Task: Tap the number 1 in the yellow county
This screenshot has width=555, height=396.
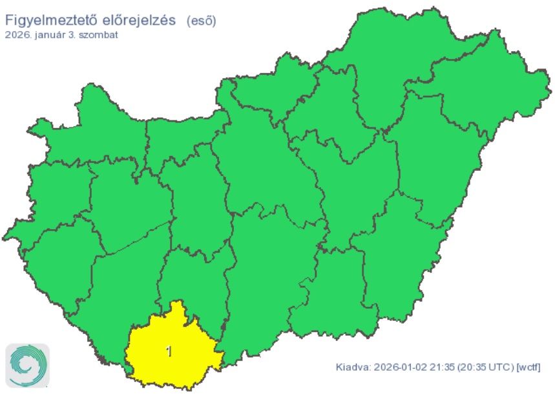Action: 169,351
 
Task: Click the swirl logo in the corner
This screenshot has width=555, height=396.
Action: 27,366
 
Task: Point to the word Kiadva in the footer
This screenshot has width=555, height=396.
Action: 351,368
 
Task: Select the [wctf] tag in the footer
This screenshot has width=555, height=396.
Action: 528,368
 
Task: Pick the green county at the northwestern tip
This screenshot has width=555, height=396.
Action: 97,129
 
